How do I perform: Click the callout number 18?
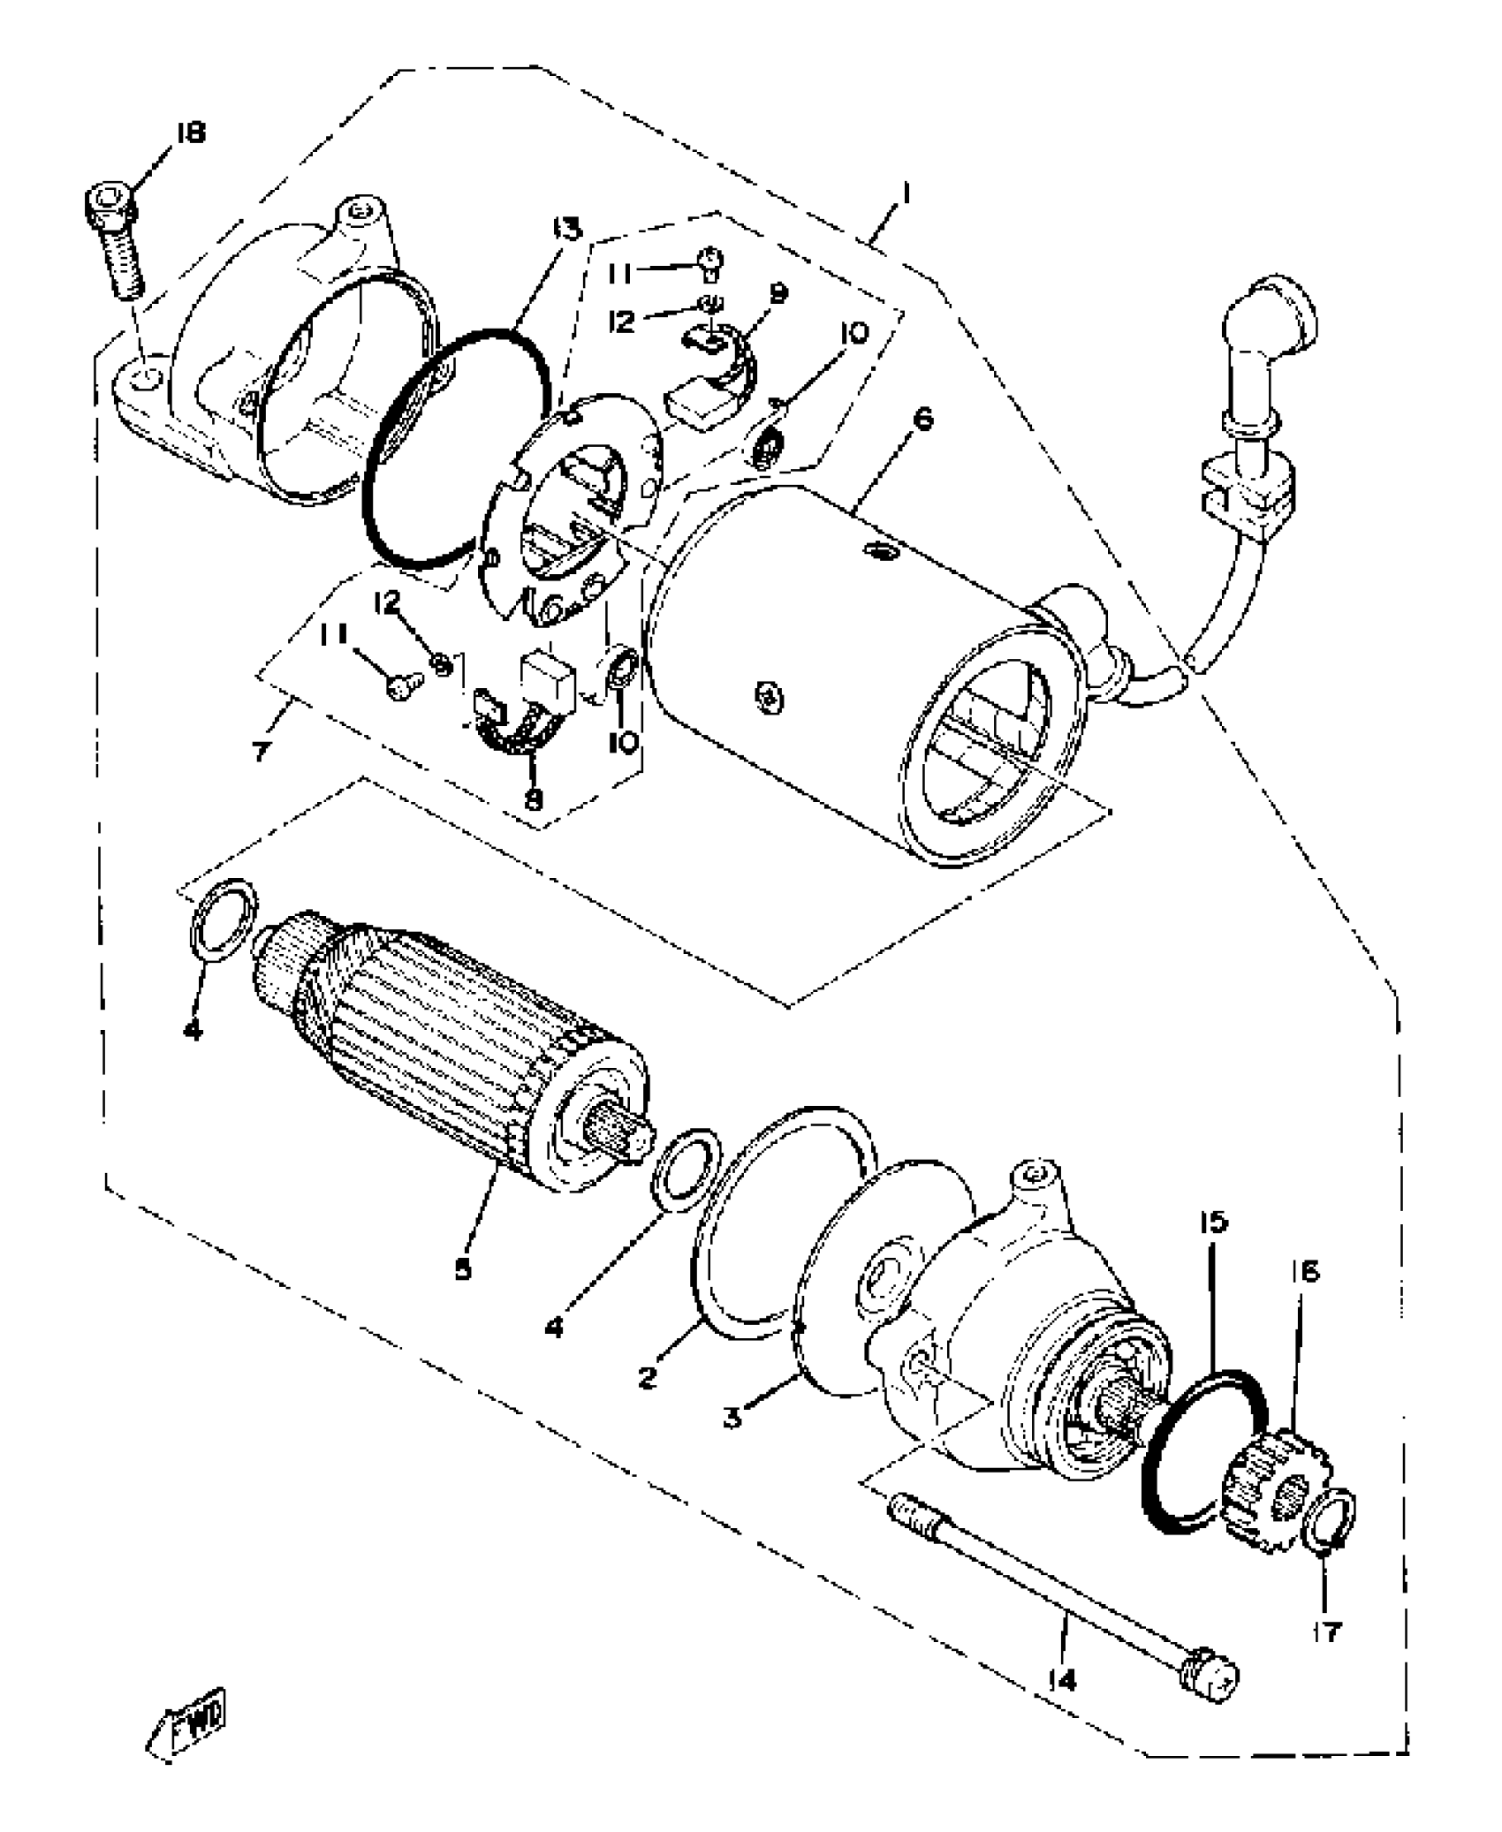point(189,133)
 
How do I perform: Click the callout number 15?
point(1212,1223)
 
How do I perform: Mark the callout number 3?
point(732,1419)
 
